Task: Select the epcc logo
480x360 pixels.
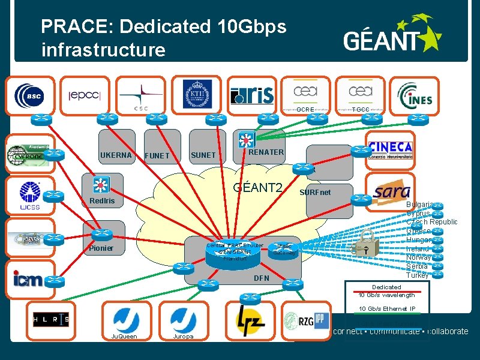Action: (85, 95)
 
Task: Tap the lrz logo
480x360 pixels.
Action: (248, 319)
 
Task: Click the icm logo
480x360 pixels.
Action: (28, 278)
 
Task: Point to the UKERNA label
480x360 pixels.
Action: (116, 155)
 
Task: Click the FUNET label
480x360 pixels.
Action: (157, 156)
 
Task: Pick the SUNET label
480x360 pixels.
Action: (203, 155)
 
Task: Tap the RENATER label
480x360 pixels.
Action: (266, 152)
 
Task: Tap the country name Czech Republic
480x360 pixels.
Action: (431, 222)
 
